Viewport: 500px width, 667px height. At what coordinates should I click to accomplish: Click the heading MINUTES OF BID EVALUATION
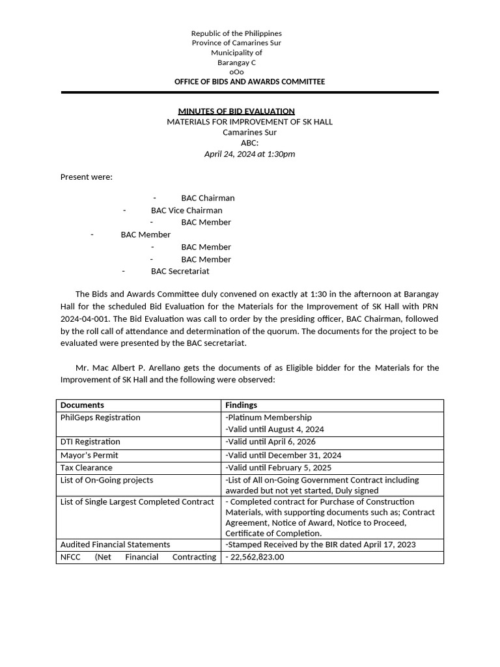tap(236, 111)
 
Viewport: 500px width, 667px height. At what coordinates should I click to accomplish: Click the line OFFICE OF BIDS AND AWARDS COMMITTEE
tap(249, 81)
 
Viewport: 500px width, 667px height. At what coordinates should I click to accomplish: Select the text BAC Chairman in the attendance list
tap(208, 198)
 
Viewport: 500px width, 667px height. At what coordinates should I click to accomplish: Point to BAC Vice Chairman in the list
tap(186, 210)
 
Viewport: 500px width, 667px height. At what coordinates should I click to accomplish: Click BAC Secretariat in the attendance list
tap(180, 271)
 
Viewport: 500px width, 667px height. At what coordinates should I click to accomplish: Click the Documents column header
tap(82, 405)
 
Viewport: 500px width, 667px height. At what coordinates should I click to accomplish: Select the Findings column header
tap(241, 405)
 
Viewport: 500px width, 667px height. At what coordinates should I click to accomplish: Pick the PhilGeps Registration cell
tap(100, 418)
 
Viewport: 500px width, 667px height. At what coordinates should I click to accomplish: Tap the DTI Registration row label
tap(90, 442)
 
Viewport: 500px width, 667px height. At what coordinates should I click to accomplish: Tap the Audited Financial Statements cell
tap(115, 545)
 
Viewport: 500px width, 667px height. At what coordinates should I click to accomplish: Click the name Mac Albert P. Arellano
tap(133, 368)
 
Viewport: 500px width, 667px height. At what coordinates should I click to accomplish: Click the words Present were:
tap(87, 177)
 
